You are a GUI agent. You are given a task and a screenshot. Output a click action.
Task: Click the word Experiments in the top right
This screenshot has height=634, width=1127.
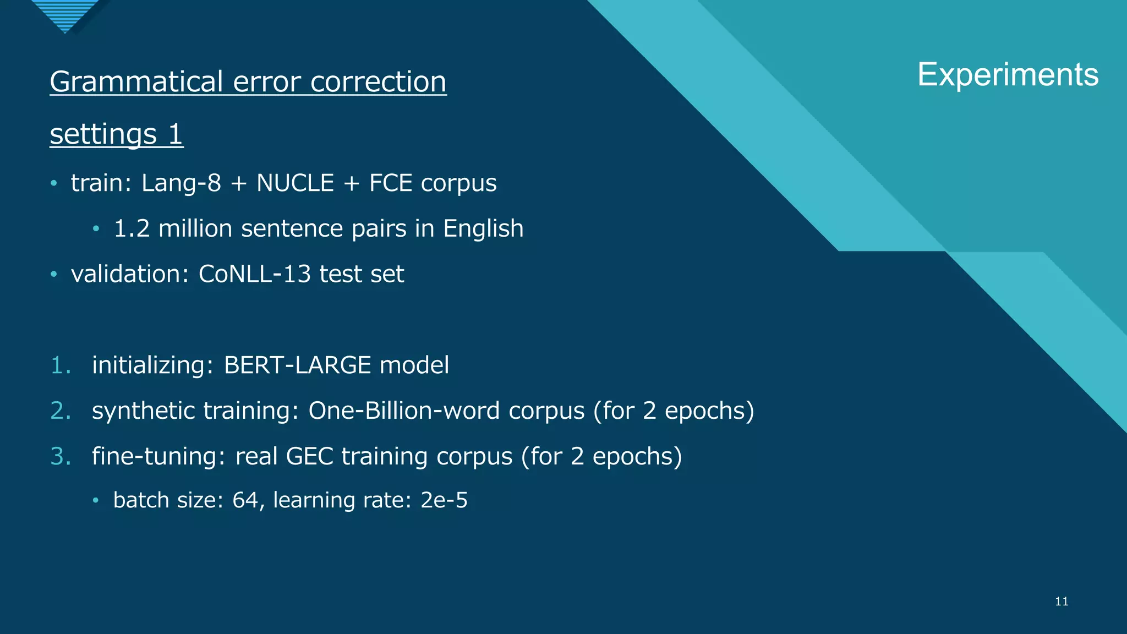[1008, 75]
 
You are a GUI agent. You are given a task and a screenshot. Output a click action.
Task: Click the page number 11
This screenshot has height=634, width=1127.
[1062, 602]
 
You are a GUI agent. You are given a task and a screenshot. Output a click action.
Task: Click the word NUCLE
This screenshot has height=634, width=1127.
[295, 183]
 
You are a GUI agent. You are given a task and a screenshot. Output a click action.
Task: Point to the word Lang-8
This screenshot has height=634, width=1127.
[181, 183]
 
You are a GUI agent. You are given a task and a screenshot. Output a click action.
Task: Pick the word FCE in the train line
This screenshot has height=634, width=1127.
[391, 183]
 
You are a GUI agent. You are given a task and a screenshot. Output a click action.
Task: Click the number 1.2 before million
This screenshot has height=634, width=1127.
[132, 229]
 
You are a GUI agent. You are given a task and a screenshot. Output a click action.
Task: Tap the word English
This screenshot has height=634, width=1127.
[483, 229]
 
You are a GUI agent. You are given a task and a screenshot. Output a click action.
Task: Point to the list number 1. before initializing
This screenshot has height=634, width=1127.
[61, 365]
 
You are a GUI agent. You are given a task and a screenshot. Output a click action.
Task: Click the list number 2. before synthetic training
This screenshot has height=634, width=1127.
[61, 411]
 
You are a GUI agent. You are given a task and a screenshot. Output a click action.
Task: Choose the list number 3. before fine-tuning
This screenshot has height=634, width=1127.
[61, 457]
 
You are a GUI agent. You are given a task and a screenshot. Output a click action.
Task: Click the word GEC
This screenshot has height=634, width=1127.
[309, 457]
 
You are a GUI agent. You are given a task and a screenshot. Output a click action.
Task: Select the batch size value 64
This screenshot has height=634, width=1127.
[245, 500]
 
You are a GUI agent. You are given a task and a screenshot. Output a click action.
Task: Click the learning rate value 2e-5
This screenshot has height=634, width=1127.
[444, 500]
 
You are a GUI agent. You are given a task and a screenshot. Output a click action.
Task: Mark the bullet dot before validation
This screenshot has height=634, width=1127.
[54, 274]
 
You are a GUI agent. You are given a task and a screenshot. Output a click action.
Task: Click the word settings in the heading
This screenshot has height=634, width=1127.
[103, 134]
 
